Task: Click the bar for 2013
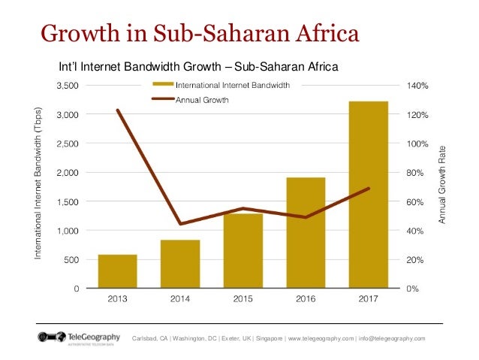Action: coord(118,271)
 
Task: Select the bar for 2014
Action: coord(180,264)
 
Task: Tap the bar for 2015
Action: coord(243,251)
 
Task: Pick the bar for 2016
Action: coord(306,233)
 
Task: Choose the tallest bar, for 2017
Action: coord(369,195)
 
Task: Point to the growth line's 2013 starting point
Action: coord(118,110)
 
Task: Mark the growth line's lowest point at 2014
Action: coord(180,223)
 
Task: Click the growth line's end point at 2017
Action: coord(369,189)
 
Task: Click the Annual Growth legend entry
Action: coord(202,99)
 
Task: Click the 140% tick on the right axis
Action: coord(417,86)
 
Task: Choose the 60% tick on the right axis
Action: coord(415,202)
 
